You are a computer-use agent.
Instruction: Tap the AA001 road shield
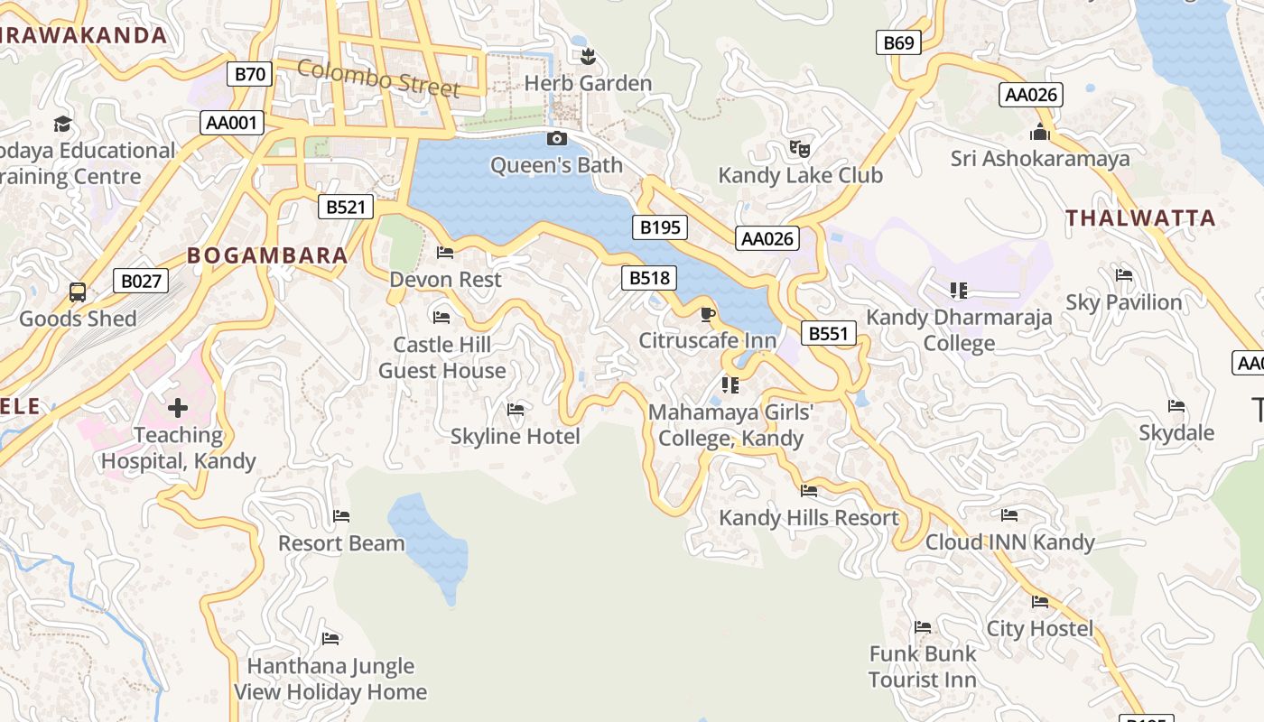(231, 123)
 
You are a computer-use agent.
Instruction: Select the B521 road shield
(346, 207)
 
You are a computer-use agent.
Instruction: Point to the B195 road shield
(659, 227)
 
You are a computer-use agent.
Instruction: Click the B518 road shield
(648, 278)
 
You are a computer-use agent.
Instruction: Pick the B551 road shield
(828, 333)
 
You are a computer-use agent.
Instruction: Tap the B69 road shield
(898, 42)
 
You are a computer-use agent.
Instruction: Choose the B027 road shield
(142, 281)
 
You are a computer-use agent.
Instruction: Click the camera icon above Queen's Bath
(557, 138)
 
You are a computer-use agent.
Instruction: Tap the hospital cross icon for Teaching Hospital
(178, 408)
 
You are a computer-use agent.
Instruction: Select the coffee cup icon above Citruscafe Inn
(708, 314)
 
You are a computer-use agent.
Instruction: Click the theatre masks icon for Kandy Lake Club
(799, 148)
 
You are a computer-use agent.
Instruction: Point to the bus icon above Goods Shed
(78, 292)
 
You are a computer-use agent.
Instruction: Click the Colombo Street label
(378, 78)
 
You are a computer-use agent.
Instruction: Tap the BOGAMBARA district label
(267, 255)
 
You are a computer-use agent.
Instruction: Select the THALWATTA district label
(1140, 218)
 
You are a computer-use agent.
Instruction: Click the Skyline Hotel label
(515, 437)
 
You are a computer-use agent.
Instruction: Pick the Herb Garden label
(588, 83)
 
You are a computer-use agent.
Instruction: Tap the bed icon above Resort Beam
(341, 516)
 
